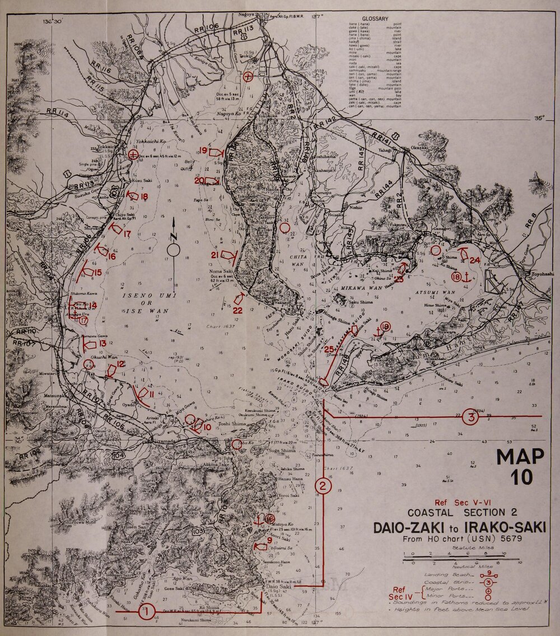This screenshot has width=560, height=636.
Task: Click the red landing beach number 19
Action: (x=204, y=151)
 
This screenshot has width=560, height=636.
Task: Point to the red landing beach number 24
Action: (x=475, y=260)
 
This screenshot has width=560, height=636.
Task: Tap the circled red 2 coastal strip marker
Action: (x=323, y=485)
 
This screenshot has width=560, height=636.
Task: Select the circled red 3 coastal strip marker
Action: (x=473, y=417)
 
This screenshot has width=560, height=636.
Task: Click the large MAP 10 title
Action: (x=520, y=466)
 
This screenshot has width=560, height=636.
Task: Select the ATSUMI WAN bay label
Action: (x=446, y=291)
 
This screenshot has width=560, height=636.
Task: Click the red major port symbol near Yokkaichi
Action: (x=133, y=155)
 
